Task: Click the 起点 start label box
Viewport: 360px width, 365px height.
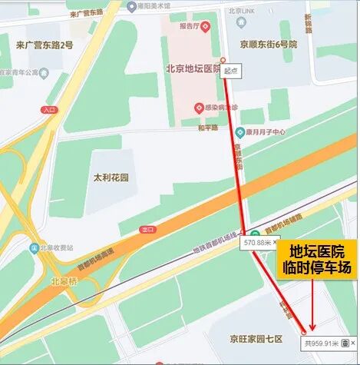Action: pyautogui.click(x=230, y=70)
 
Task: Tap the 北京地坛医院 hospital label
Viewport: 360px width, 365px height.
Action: pyautogui.click(x=193, y=68)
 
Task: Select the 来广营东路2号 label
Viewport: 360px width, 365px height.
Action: pyautogui.click(x=45, y=45)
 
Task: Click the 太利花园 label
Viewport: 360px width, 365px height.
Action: pyautogui.click(x=111, y=178)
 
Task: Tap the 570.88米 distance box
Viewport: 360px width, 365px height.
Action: pyautogui.click(x=258, y=243)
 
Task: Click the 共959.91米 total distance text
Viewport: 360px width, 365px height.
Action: pyautogui.click(x=320, y=343)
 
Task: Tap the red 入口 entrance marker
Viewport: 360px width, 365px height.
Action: pyautogui.click(x=50, y=110)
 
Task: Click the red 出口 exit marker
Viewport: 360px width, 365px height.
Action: pyautogui.click(x=147, y=229)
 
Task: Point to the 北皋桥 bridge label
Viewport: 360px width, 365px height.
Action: pyautogui.click(x=63, y=280)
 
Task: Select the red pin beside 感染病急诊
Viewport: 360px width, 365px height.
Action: pyautogui.click(x=199, y=108)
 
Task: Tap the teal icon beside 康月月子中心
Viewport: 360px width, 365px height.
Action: pyautogui.click(x=239, y=131)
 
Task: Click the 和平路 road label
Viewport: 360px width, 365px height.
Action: pyautogui.click(x=208, y=128)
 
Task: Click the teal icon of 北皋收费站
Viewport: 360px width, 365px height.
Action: pyautogui.click(x=34, y=248)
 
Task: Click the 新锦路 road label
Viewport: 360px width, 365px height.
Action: pyautogui.click(x=308, y=24)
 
